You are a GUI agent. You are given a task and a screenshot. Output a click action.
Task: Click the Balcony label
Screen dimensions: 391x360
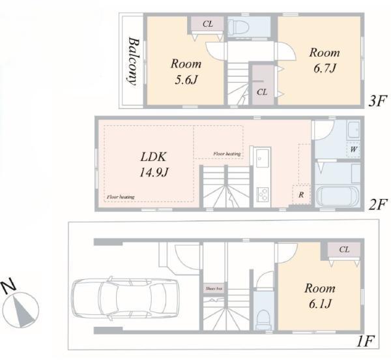pyautogui.click(x=133, y=61)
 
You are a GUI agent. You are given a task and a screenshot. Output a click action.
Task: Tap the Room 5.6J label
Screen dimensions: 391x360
pyautogui.click(x=186, y=72)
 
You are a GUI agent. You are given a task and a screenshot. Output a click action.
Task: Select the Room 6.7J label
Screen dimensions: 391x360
pyautogui.click(x=325, y=61)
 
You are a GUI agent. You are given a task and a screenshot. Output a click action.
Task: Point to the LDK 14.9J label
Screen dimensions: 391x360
pyautogui.click(x=154, y=164)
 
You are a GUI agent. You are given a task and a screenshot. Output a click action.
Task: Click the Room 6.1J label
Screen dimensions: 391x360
pyautogui.click(x=320, y=296)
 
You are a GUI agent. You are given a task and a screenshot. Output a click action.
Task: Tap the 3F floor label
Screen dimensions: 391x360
pyautogui.click(x=377, y=101)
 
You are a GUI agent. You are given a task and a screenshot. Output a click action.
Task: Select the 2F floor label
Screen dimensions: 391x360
pyautogui.click(x=378, y=204)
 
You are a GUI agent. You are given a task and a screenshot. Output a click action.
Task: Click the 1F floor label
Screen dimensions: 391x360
pyautogui.click(x=366, y=341)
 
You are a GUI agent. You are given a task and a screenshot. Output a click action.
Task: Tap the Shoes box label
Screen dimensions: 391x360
pyautogui.click(x=214, y=289)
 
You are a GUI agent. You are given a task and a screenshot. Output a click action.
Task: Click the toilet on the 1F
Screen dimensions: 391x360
pyautogui.click(x=263, y=318)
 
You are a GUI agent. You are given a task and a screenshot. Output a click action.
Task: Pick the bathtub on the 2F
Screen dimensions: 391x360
pyautogui.click(x=338, y=195)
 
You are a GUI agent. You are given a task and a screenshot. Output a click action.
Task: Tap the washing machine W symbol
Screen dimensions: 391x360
pyautogui.click(x=353, y=150)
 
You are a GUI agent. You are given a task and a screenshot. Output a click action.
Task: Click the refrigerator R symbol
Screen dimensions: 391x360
pyautogui.click(x=301, y=194)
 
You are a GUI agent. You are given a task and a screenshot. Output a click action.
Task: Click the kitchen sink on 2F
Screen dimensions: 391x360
pyautogui.click(x=263, y=158)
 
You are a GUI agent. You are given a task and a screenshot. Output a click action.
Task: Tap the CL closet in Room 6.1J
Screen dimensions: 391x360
pyautogui.click(x=344, y=249)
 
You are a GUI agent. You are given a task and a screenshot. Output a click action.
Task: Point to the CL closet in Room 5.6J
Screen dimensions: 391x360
pyautogui.click(x=207, y=24)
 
